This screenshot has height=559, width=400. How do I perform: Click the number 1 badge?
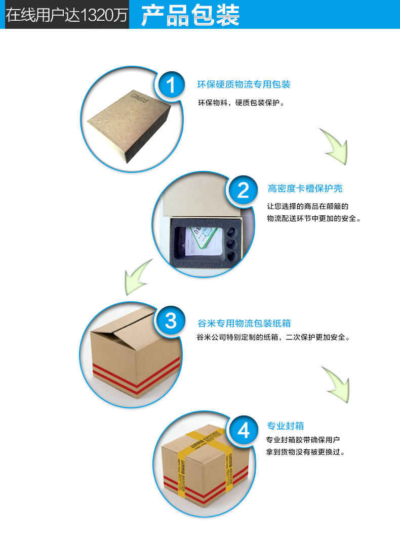pyautogui.click(x=171, y=85)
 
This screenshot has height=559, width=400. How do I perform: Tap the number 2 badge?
pyautogui.click(x=244, y=191)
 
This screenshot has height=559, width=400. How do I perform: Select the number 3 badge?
pyautogui.click(x=171, y=320)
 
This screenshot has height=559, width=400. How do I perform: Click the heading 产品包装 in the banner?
pyautogui.click(x=190, y=15)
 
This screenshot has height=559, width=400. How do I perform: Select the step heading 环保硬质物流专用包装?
pyautogui.click(x=244, y=84)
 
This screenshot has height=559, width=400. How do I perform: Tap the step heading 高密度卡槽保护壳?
pyautogui.click(x=305, y=189)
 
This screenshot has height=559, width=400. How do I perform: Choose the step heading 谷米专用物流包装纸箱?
pyautogui.click(x=244, y=323)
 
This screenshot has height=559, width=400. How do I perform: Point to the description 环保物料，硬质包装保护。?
pyautogui.click(x=241, y=103)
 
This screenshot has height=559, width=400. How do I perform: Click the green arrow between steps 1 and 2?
pyautogui.click(x=334, y=147)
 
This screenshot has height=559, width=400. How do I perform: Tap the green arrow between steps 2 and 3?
pyautogui.click(x=138, y=277)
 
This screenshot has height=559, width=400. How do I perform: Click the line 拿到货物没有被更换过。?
pyautogui.click(x=306, y=452)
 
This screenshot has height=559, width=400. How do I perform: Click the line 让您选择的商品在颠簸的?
pyautogui.click(x=308, y=206)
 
